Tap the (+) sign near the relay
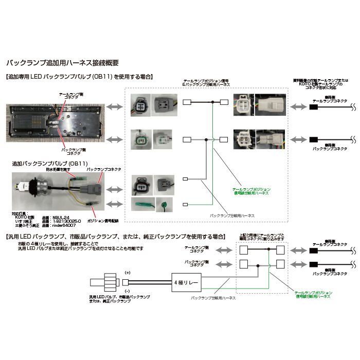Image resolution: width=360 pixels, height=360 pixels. click(x=128, y=272)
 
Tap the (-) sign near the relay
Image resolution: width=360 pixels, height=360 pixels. click(x=128, y=291)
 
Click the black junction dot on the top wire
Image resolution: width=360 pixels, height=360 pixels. click(x=212, y=103)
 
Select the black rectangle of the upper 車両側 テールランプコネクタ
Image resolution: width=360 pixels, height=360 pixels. click(x=313, y=107)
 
